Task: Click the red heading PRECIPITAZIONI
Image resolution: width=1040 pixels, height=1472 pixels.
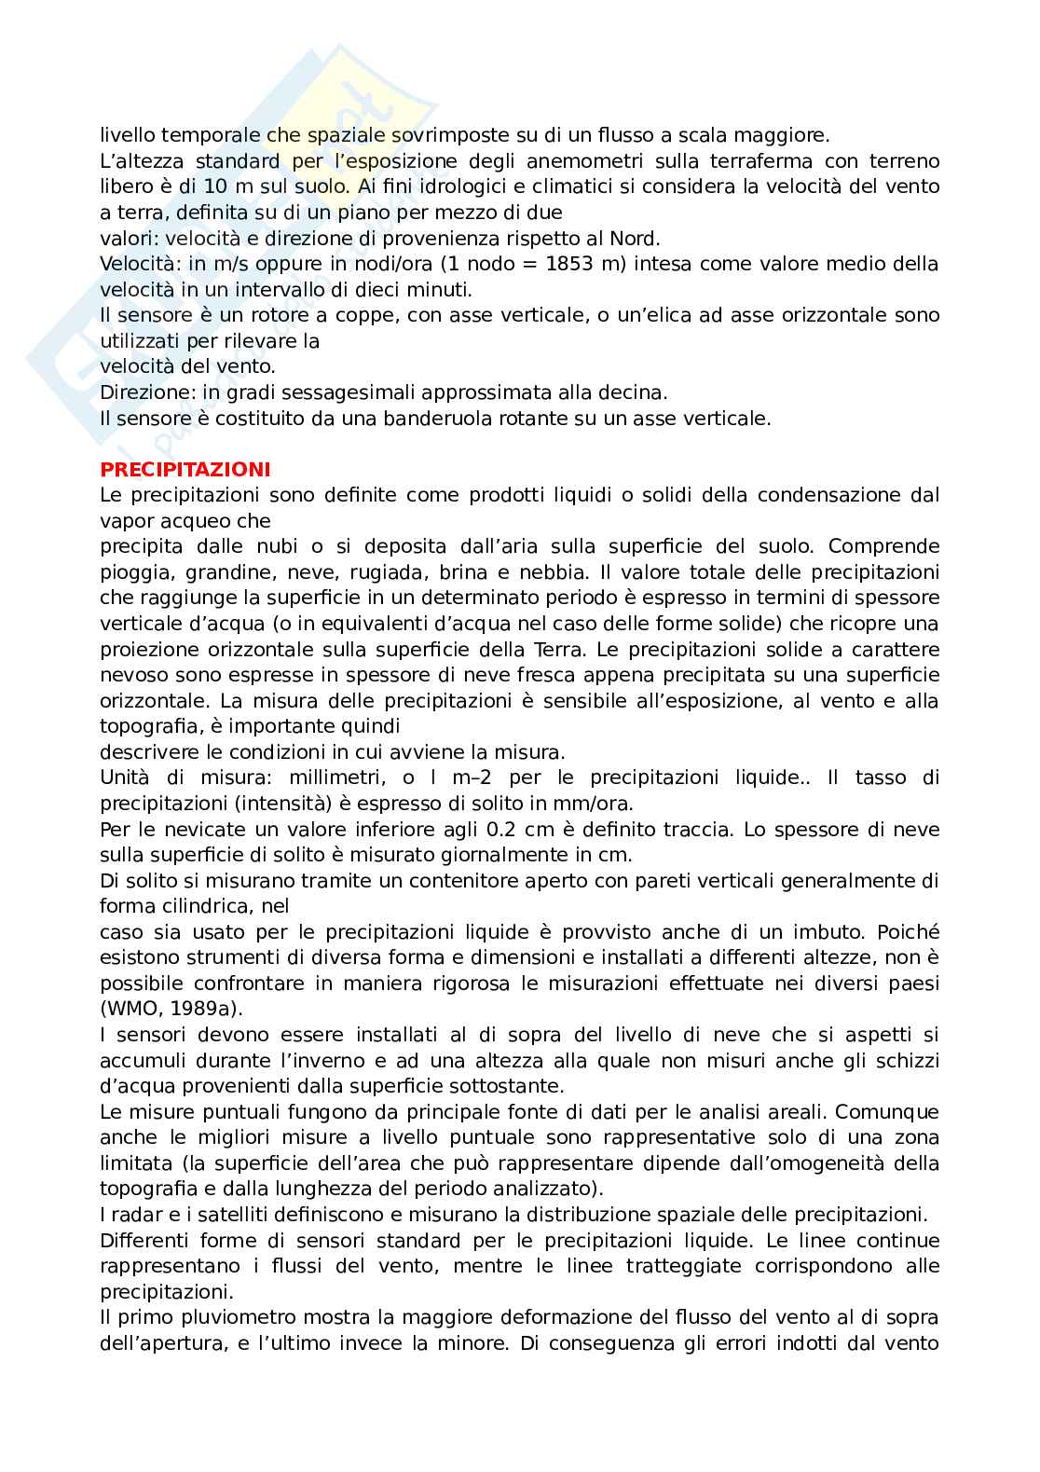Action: (x=185, y=469)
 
